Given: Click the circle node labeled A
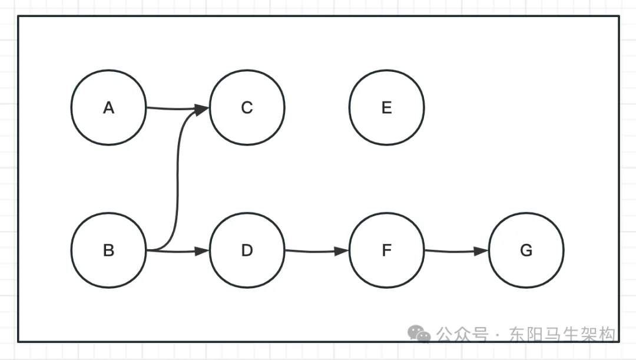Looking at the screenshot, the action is (x=108, y=107).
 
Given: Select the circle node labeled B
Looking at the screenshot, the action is (x=108, y=250).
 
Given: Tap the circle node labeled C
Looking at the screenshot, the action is (x=247, y=107).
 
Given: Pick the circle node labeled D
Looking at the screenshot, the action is (x=247, y=250).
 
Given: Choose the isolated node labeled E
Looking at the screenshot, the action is (x=386, y=107).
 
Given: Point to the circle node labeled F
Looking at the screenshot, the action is (x=386, y=250).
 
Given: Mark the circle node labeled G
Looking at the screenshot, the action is (x=526, y=250).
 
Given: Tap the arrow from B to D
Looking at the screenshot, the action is (x=177, y=252).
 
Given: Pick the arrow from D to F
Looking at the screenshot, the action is (x=312, y=251).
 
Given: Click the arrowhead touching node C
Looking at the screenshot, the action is (x=202, y=108).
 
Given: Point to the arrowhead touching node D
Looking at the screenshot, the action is (x=202, y=251).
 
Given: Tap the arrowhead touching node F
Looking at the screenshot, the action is (x=342, y=251).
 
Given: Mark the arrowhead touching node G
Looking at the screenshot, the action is (x=481, y=251).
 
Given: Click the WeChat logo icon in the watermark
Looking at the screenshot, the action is (x=420, y=334).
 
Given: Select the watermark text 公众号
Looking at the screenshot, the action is (x=462, y=335).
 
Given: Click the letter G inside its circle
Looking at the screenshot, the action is (x=526, y=250).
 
